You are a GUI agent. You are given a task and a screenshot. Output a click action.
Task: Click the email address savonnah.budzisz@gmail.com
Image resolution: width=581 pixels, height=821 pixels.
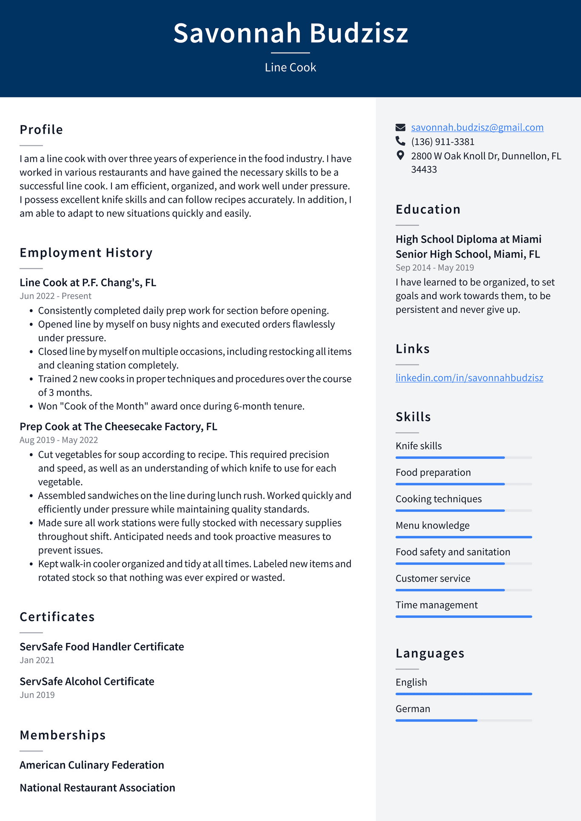(x=477, y=128)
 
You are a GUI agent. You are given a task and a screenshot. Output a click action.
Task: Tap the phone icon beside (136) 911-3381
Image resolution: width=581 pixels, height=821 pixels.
(x=400, y=141)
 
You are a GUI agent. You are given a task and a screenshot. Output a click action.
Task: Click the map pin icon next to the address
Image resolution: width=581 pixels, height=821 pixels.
(x=400, y=155)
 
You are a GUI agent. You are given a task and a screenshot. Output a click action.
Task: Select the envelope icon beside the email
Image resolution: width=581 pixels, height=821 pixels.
(x=400, y=127)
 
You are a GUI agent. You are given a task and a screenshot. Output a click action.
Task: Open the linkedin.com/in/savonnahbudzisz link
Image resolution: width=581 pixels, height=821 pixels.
(x=469, y=378)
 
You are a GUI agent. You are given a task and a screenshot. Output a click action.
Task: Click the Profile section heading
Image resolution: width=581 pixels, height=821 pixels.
(x=41, y=130)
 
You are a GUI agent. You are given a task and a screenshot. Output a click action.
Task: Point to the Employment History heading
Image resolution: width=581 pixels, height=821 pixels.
(x=86, y=253)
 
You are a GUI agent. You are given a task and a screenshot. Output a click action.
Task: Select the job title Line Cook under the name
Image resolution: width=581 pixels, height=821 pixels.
(x=290, y=68)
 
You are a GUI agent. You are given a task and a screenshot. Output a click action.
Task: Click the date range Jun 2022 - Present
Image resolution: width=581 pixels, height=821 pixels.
(x=55, y=296)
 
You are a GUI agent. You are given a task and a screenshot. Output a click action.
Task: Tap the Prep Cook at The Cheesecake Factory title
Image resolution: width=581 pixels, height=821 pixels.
(x=118, y=426)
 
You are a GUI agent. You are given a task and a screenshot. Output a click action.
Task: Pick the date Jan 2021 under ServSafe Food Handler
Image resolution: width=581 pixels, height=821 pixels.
(x=37, y=660)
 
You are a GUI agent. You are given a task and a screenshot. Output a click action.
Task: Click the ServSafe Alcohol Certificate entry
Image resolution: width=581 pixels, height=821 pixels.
(x=87, y=682)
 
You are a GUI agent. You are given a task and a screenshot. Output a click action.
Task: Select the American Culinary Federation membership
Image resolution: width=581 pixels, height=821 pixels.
(x=92, y=765)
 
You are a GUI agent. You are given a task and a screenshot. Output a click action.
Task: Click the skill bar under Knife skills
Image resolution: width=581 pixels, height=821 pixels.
(x=464, y=457)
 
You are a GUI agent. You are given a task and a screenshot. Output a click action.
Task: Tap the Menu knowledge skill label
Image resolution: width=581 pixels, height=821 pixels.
(x=433, y=526)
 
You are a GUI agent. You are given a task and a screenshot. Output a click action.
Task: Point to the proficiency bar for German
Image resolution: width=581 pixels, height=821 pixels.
(x=464, y=720)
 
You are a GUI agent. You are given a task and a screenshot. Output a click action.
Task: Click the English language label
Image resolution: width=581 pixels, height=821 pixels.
(x=411, y=682)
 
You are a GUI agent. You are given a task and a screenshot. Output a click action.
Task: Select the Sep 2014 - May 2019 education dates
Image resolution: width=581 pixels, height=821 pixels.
(x=435, y=268)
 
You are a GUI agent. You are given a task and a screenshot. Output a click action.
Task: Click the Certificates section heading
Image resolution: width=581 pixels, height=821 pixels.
(x=57, y=617)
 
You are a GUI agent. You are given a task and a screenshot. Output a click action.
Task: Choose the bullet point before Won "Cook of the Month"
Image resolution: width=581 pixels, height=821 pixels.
(x=31, y=406)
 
